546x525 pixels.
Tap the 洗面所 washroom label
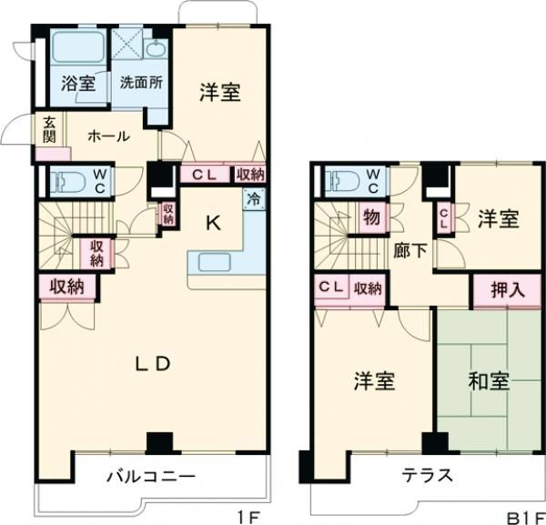[141, 82]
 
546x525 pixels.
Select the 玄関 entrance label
[46, 131]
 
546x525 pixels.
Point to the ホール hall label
[108, 136]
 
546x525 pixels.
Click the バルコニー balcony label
[149, 475]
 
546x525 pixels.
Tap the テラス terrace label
[427, 475]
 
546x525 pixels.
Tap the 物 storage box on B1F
[371, 217]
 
